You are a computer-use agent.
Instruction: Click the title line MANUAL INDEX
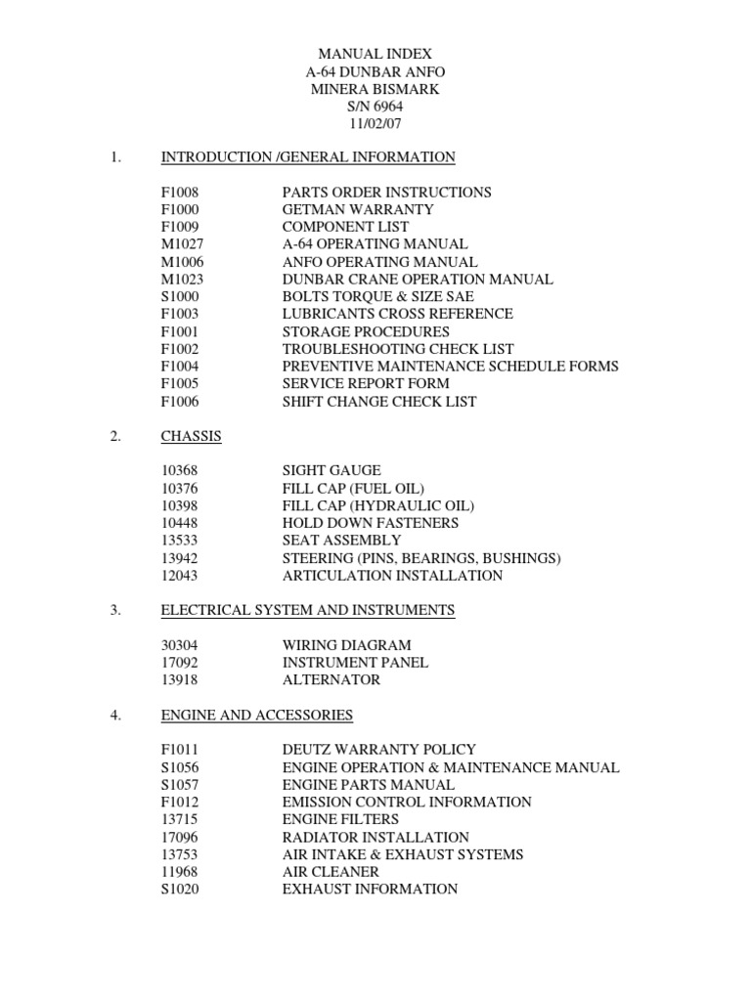point(375,55)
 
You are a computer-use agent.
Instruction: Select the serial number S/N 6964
point(375,107)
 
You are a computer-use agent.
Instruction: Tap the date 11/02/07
point(375,124)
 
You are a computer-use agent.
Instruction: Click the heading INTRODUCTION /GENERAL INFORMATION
point(308,157)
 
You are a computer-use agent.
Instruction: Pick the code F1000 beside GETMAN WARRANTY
point(180,210)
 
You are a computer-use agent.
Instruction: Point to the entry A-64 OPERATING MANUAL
point(375,244)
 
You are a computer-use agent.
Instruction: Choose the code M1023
point(182,280)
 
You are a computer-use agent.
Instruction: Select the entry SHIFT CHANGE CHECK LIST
point(379,402)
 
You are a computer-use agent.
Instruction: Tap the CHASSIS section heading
point(191,436)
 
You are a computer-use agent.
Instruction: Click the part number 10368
point(180,471)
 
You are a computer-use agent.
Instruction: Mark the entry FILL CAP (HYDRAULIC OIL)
point(377,506)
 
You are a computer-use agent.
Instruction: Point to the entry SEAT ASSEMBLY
point(341,541)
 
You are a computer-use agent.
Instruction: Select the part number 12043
point(180,576)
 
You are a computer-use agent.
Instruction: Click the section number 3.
point(115,611)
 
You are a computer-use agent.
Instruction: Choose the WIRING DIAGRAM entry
point(346,645)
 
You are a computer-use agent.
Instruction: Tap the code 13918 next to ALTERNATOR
point(180,680)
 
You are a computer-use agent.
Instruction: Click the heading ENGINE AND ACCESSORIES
point(256,716)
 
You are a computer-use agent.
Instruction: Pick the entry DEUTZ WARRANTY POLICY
point(379,750)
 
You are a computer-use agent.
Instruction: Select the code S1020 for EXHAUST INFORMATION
point(180,890)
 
